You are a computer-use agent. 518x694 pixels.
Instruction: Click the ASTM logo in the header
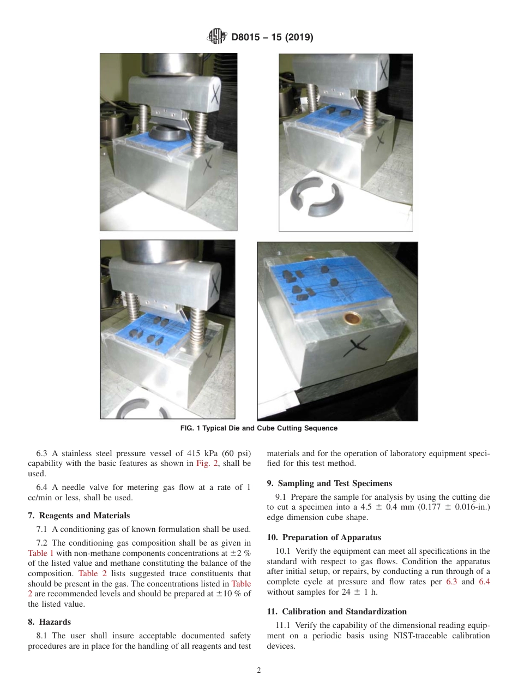[x=217, y=38]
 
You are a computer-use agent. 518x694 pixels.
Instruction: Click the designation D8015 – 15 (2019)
[x=272, y=38]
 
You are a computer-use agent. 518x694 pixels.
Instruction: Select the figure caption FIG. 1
[x=258, y=428]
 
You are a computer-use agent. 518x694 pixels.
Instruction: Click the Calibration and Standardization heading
[x=336, y=612]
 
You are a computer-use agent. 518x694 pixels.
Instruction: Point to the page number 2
[x=259, y=671]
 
